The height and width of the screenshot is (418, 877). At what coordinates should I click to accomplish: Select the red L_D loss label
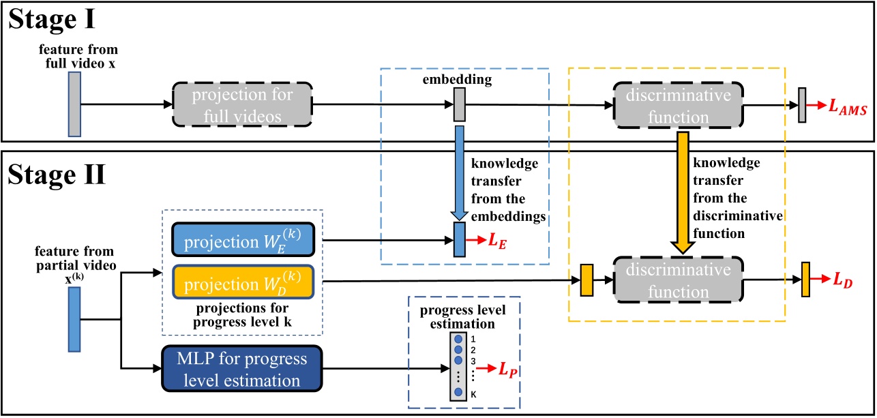tap(842, 280)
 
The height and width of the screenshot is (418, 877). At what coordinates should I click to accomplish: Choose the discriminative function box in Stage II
tap(678, 280)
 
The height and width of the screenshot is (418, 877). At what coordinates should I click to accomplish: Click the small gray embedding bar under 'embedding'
tap(459, 107)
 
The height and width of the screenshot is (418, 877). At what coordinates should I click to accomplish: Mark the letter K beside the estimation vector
tap(474, 393)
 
